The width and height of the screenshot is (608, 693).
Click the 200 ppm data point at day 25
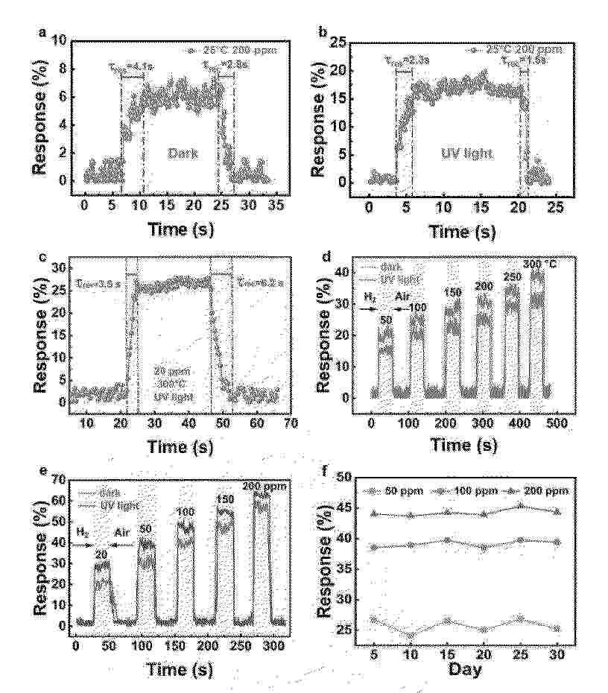pos(520,505)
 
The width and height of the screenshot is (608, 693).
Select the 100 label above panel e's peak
pos(185,512)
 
